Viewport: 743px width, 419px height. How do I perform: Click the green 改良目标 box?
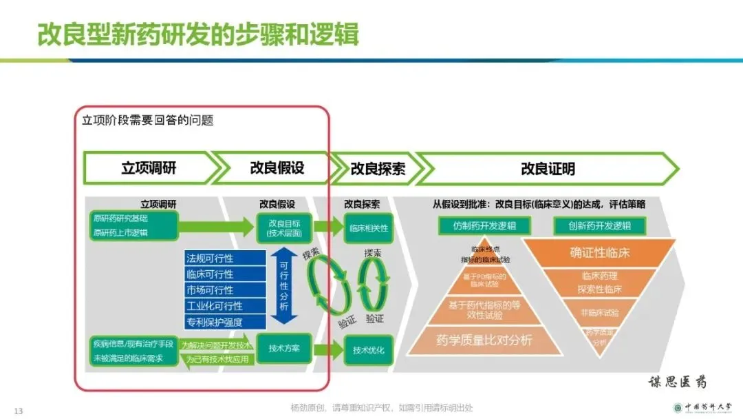pyautogui.click(x=284, y=227)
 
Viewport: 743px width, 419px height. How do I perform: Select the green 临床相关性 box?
pyautogui.click(x=369, y=227)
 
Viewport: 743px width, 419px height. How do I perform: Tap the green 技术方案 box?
pyautogui.click(x=284, y=348)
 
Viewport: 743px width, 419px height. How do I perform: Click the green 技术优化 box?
pyautogui.click(x=369, y=350)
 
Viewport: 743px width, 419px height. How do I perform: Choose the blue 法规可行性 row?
pyautogui.click(x=225, y=258)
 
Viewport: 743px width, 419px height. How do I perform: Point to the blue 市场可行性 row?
pyautogui.click(x=225, y=290)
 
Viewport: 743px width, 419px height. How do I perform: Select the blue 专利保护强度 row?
pyautogui.click(x=225, y=322)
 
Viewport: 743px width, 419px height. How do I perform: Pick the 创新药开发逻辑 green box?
pyautogui.click(x=599, y=226)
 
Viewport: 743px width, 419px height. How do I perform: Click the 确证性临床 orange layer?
pyautogui.click(x=599, y=253)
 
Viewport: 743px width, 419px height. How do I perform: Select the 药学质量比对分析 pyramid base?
pyautogui.click(x=484, y=340)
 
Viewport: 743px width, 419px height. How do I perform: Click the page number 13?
pyautogui.click(x=19, y=411)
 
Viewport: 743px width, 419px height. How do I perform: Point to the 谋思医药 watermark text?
pyautogui.click(x=677, y=382)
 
